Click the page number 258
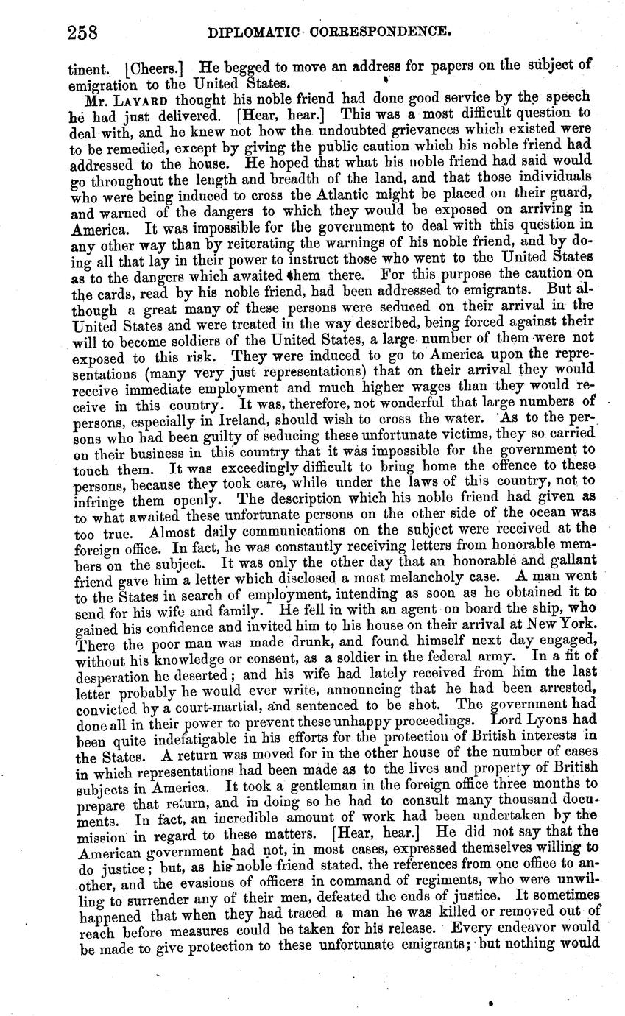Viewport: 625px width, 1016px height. (x=82, y=32)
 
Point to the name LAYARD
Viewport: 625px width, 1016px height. (x=144, y=98)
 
